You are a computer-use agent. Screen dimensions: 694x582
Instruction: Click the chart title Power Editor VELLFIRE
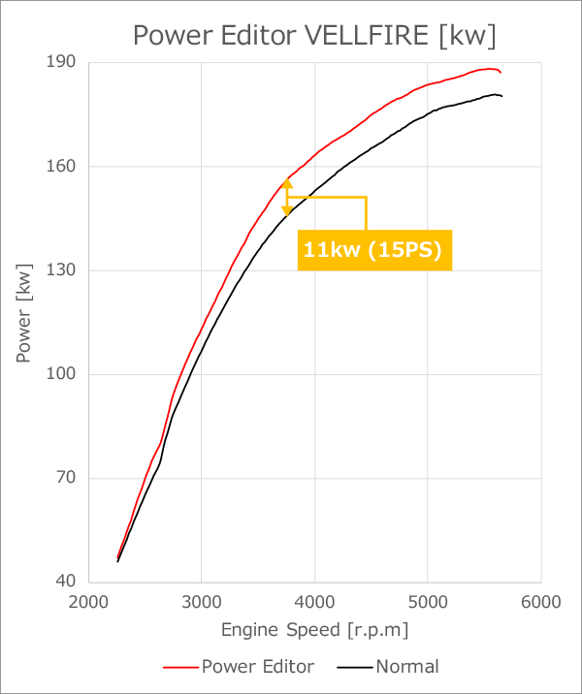[314, 36]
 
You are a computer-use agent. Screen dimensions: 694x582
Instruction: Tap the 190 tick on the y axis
[65, 63]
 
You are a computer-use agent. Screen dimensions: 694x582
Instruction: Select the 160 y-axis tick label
[65, 167]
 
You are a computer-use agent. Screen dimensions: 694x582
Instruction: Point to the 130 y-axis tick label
[65, 270]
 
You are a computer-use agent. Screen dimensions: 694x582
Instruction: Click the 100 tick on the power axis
[65, 374]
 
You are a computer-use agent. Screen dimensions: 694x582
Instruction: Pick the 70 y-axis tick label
[69, 478]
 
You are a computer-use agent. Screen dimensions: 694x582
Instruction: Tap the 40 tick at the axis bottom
[69, 582]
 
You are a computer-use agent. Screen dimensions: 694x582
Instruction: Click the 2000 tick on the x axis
[88, 601]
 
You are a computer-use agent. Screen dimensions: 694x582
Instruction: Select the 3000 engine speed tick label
[201, 601]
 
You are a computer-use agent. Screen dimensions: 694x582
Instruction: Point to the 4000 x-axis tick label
[314, 601]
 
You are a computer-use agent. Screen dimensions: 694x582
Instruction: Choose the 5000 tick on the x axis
[427, 601]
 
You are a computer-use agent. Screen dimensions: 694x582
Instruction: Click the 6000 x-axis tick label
[539, 601]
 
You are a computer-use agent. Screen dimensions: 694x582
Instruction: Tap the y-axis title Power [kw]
[23, 312]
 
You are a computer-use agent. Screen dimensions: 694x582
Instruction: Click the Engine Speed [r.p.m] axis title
[314, 630]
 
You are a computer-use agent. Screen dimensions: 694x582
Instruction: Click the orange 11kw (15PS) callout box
[372, 249]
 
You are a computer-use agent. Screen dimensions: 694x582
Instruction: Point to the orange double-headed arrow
[287, 197]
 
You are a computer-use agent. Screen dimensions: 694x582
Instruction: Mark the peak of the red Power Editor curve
[490, 69]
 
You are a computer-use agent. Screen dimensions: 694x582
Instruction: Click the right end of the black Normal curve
[501, 96]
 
